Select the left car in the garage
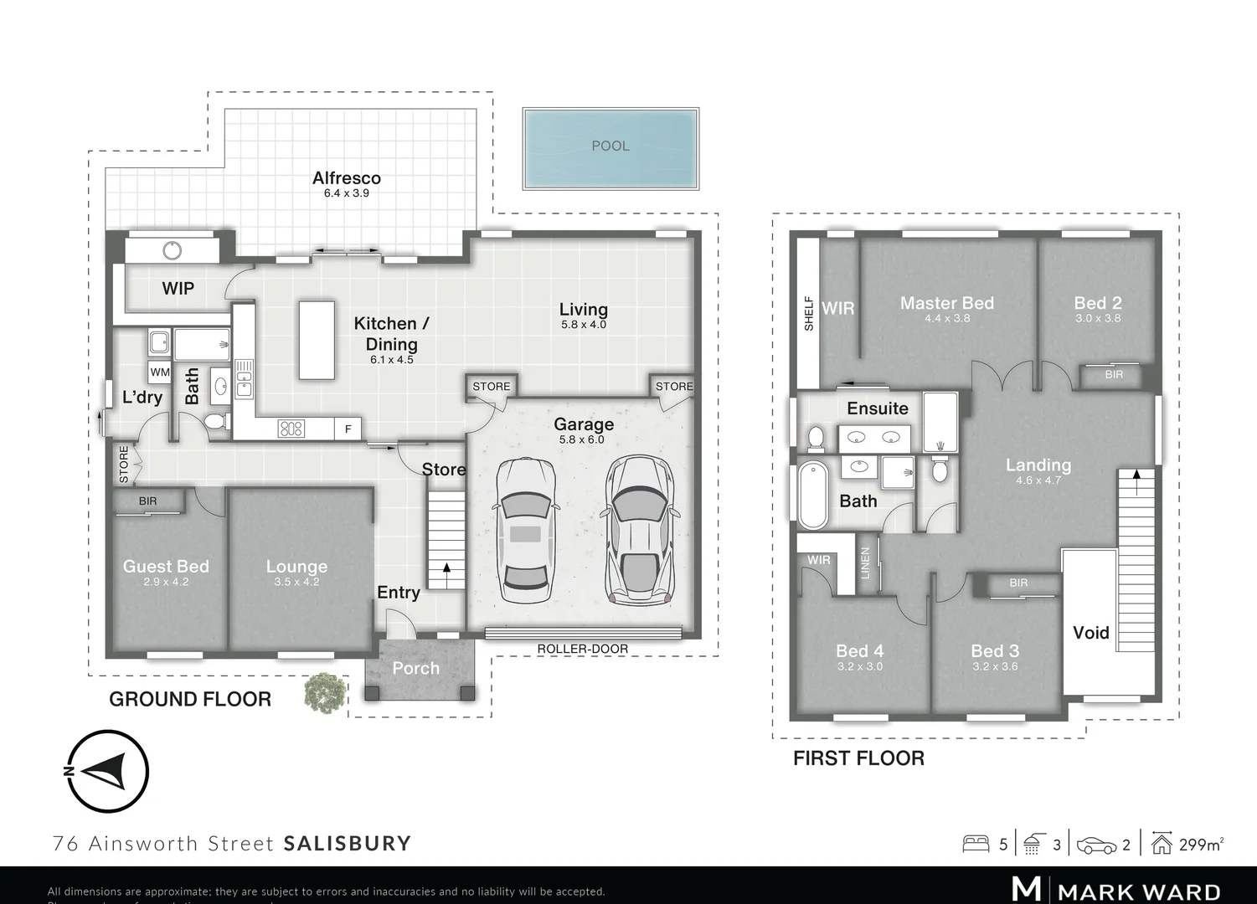(x=525, y=530)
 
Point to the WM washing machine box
(x=159, y=372)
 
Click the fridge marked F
(x=348, y=429)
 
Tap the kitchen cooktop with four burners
(x=291, y=429)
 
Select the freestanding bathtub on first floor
(x=812, y=494)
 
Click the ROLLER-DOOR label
(x=582, y=649)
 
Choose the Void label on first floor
(x=1090, y=633)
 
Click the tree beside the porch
(x=324, y=692)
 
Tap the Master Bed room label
(x=946, y=303)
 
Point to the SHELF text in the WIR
(x=809, y=313)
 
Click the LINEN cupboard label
(x=866, y=563)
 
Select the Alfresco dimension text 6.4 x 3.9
(x=346, y=193)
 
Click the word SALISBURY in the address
(x=348, y=843)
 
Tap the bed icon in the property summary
(x=976, y=844)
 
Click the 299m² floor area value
(x=1201, y=845)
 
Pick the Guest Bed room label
(x=166, y=567)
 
